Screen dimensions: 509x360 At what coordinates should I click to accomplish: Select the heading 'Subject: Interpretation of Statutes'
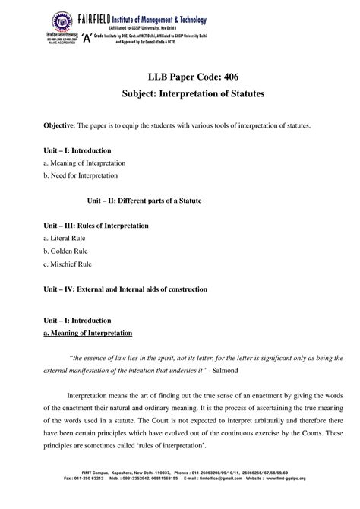click(180, 100)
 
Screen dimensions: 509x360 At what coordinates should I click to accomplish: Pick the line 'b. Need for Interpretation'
click(81, 175)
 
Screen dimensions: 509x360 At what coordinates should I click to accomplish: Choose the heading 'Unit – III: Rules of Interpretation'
click(95, 226)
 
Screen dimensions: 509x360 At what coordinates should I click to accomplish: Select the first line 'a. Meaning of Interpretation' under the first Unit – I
click(84, 163)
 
